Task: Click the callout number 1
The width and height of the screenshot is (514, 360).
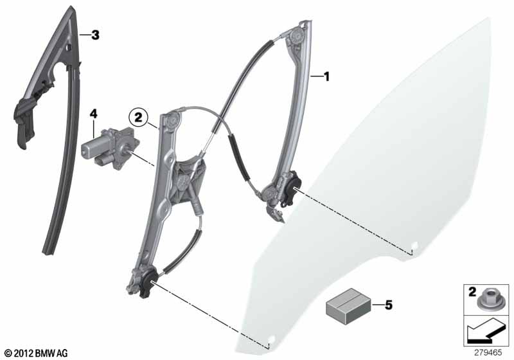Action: pos(326,77)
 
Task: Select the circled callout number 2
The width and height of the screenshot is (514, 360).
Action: pos(138,117)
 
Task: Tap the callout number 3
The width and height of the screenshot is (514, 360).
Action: pos(95,35)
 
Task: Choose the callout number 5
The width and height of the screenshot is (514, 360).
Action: pos(389,305)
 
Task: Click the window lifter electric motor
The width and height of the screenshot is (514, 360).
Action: pos(110,147)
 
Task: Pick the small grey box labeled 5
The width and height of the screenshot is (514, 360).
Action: pos(348,306)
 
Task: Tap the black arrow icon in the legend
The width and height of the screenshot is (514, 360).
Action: pos(486,330)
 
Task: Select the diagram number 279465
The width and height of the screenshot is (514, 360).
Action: pos(488,353)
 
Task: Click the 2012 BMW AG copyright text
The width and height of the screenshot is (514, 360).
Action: pos(37,353)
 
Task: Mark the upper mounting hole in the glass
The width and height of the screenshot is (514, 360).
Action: pos(414,244)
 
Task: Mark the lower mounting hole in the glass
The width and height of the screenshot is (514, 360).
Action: pos(272,337)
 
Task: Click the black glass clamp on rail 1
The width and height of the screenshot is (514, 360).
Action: pos(292,190)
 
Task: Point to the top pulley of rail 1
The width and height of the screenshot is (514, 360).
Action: pos(297,35)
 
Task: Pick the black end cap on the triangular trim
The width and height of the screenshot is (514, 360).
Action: pos(24,122)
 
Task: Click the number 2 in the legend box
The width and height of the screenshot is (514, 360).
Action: pos(472,292)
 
